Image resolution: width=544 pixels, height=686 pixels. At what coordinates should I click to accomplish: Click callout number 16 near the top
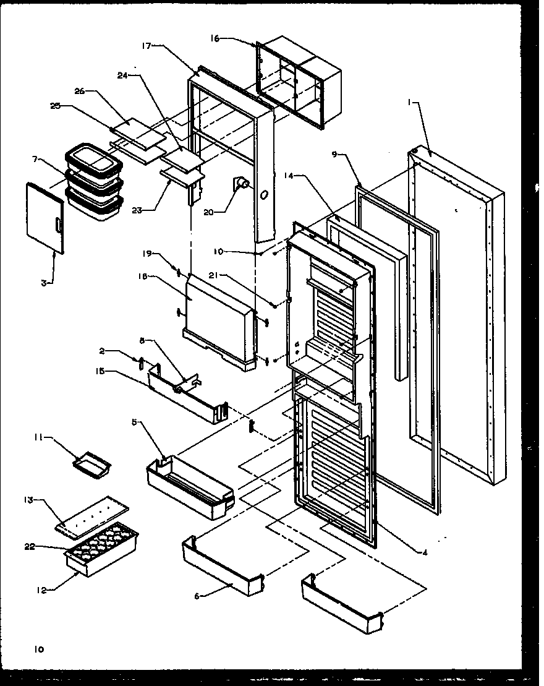pyautogui.click(x=215, y=38)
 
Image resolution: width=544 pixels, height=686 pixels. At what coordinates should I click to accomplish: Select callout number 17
pyautogui.click(x=147, y=45)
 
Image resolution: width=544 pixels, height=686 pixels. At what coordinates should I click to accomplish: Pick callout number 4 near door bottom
pyautogui.click(x=425, y=552)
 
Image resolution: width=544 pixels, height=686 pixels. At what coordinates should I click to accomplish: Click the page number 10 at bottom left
pyautogui.click(x=39, y=649)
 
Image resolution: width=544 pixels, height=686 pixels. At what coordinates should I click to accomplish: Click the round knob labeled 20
pyautogui.click(x=241, y=183)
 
